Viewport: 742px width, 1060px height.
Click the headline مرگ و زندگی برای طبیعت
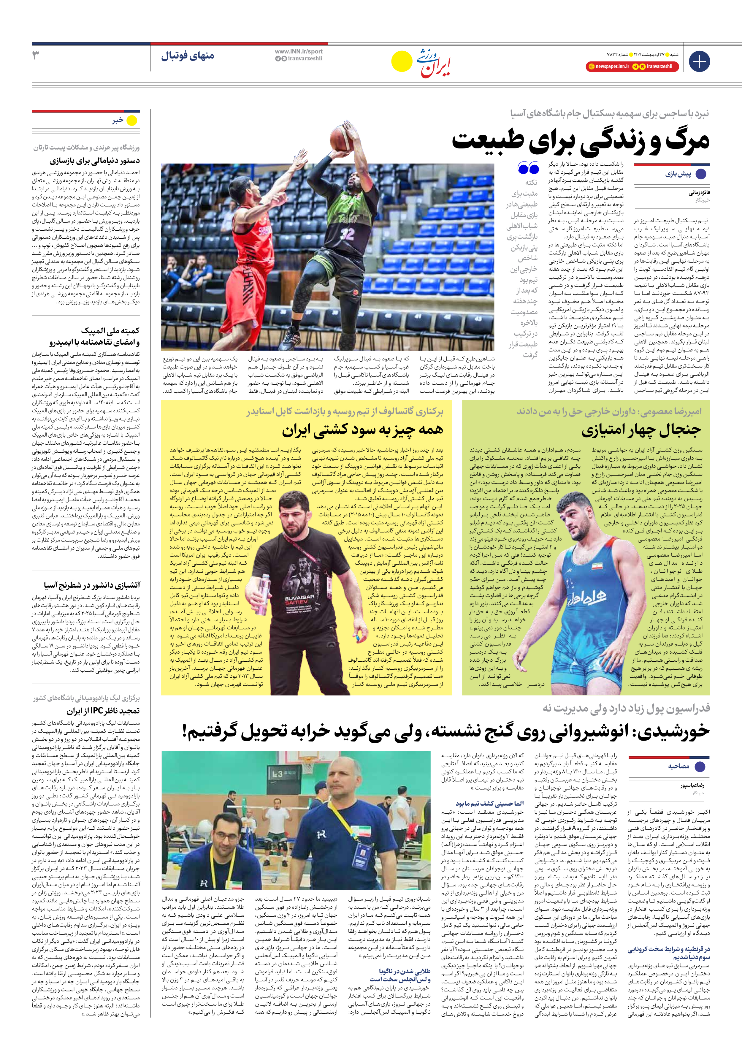(x=580, y=141)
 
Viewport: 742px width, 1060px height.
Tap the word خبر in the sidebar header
(x=118, y=121)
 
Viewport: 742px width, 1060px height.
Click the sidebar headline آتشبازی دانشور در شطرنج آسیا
(x=92, y=585)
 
